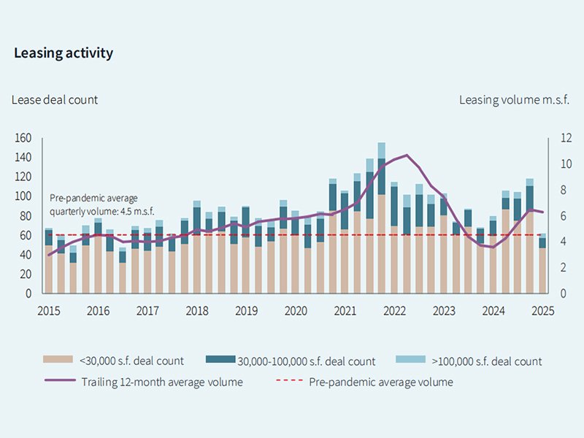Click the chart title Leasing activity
(64, 53)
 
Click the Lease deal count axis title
(55, 99)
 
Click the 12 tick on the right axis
(557, 138)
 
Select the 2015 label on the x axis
(49, 310)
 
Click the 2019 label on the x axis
(246, 310)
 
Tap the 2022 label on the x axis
(394, 310)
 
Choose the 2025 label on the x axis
(542, 310)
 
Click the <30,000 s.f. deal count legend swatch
(59, 360)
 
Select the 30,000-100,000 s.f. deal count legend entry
(306, 361)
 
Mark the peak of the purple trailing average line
(407, 155)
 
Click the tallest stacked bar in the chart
(382, 219)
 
